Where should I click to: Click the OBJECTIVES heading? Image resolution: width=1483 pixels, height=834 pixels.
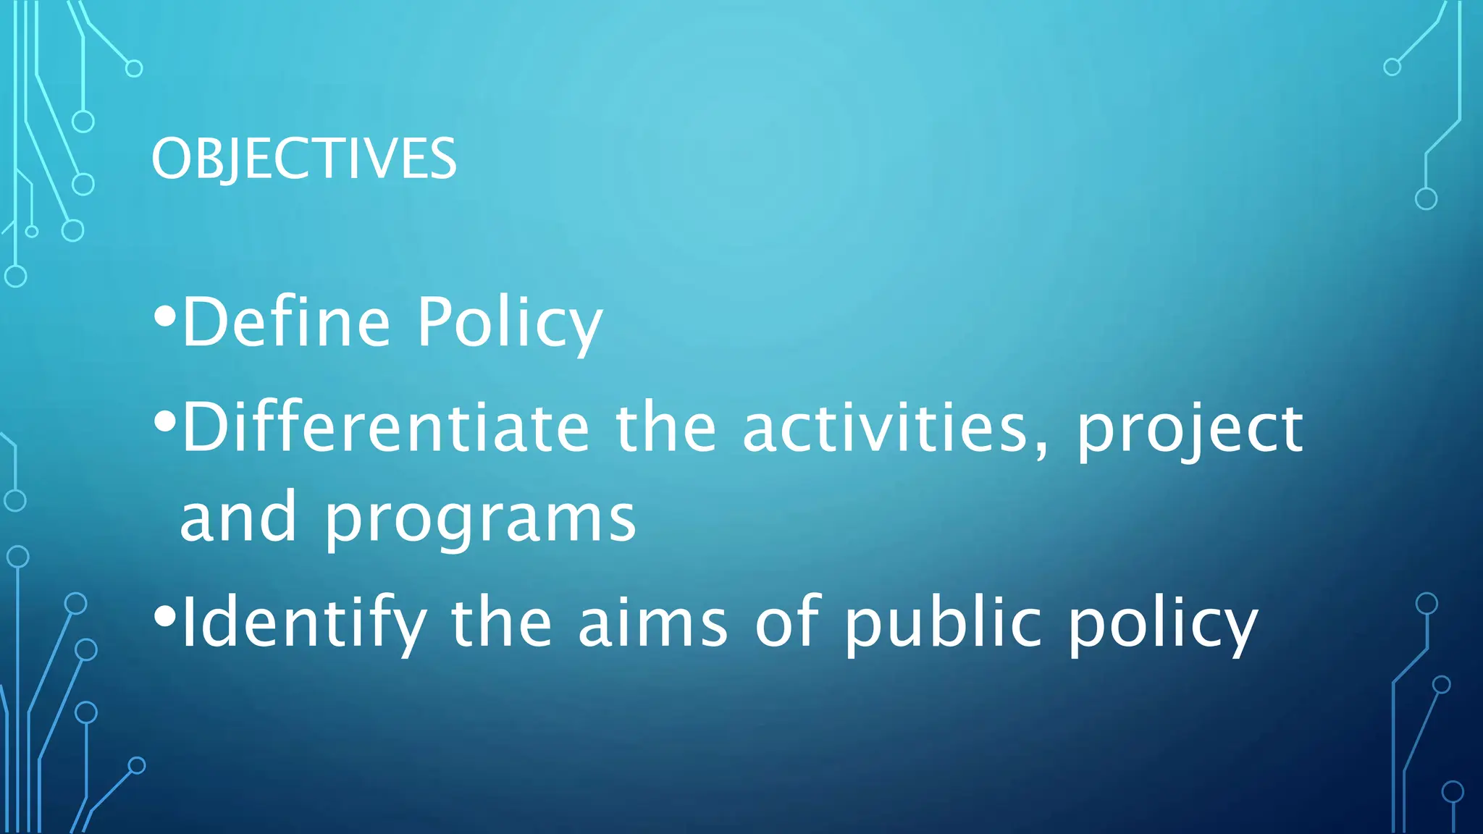304,159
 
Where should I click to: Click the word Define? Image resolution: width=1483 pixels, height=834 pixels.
287,322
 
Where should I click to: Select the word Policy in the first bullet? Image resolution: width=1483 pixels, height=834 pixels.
509,322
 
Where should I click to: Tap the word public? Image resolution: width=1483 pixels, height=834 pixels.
944,623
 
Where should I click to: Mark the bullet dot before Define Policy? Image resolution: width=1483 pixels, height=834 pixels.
165,316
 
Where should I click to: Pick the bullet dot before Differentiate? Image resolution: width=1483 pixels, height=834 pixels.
165,421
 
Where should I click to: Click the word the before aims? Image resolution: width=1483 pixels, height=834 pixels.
501,623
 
